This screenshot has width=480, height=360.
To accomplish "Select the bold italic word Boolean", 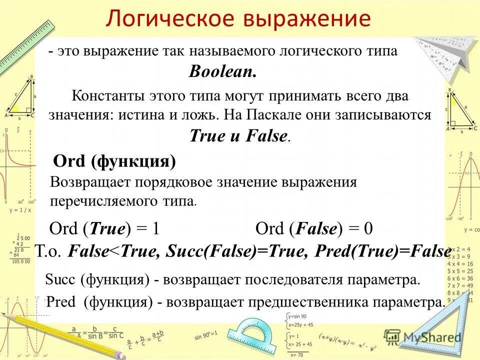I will [222, 72].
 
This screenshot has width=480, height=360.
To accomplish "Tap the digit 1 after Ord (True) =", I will [155, 229].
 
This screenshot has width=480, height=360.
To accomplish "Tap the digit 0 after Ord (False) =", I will [368, 229].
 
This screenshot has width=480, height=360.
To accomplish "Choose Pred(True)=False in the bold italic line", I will [383, 251].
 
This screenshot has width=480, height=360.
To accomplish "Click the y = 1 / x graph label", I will [19, 210].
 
